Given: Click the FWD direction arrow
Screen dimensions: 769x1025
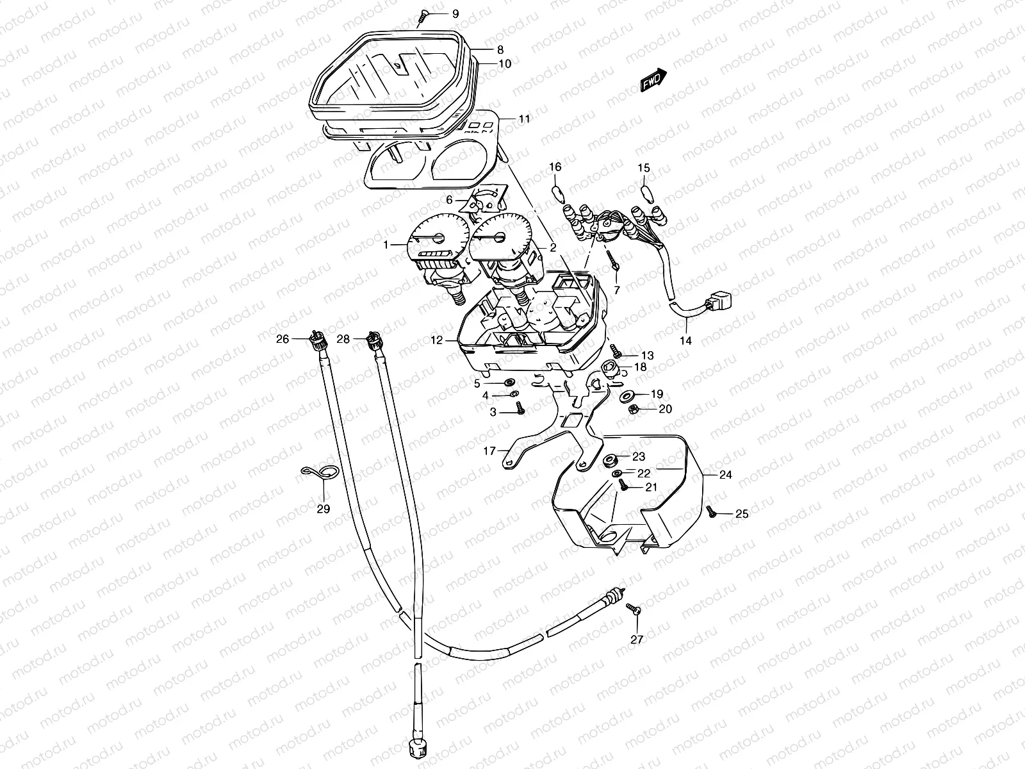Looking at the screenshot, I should click(653, 79).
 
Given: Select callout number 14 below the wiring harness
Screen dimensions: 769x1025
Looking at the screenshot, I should click(685, 340).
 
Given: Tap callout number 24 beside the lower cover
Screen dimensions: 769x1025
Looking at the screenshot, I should click(725, 475).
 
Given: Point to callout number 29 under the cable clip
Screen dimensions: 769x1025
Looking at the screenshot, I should click(323, 509).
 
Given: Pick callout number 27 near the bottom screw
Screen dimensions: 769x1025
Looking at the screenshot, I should click(636, 638).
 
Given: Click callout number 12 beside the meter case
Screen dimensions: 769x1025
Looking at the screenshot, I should click(436, 341).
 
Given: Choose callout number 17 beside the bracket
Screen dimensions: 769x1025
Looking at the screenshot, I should click(489, 451).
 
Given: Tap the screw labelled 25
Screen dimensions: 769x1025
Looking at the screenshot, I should click(710, 510).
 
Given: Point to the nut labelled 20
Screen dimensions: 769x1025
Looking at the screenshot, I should click(632, 409).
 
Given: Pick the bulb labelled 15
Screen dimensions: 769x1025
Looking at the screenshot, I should click(644, 191).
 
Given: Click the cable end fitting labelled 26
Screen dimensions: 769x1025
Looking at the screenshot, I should click(316, 338).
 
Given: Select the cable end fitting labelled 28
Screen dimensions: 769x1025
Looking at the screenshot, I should click(373, 339).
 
